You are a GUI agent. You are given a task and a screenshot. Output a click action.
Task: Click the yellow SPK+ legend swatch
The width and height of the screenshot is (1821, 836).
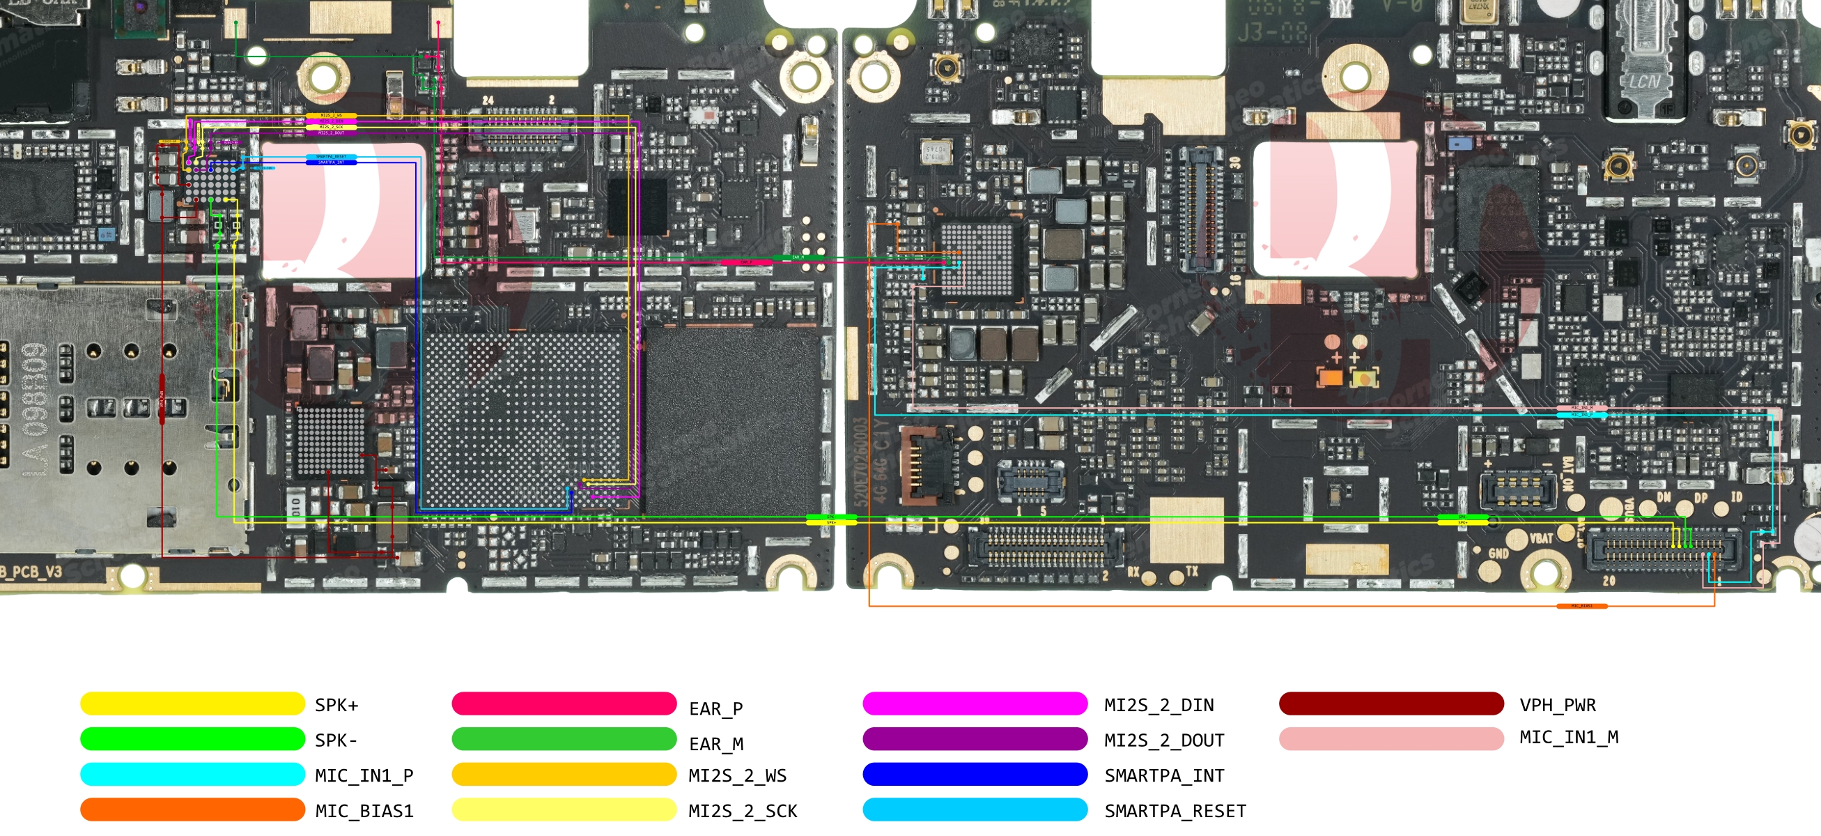click(x=192, y=704)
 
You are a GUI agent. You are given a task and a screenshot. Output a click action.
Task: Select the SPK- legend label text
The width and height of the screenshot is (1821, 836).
click(x=336, y=740)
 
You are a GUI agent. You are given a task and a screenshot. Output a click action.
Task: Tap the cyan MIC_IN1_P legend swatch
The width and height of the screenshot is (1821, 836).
click(x=192, y=775)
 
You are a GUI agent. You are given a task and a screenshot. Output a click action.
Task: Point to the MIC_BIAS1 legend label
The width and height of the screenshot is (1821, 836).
click(x=364, y=810)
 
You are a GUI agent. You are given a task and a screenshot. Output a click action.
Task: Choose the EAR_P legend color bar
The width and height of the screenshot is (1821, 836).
click(x=564, y=704)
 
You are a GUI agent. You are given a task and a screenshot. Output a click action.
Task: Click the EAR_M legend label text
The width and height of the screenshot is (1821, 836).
click(x=716, y=744)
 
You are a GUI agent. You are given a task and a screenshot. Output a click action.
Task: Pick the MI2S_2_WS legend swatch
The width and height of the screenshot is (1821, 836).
click(x=564, y=775)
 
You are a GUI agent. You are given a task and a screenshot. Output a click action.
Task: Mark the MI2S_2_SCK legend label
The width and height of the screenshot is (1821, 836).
click(x=742, y=810)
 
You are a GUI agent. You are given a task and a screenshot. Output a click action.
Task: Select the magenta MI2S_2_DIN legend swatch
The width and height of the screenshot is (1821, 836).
click(x=974, y=704)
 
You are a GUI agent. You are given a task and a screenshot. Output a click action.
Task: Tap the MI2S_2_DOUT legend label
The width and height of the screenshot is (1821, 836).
click(x=1163, y=740)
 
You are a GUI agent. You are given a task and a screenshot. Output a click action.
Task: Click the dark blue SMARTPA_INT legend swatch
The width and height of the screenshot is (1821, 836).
click(x=974, y=775)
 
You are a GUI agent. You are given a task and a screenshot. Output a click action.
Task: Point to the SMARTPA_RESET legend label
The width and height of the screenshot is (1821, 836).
click(x=1175, y=810)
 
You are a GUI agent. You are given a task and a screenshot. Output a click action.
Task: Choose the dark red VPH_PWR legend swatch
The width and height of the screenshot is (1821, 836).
click(x=1390, y=704)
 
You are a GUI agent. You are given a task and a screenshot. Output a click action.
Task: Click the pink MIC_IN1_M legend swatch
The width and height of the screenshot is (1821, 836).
click(x=1390, y=738)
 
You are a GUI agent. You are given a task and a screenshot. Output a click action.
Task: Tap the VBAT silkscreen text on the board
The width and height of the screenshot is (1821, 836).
click(x=1541, y=539)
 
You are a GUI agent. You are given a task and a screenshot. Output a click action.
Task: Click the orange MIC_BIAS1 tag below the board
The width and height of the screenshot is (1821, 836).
click(x=1581, y=606)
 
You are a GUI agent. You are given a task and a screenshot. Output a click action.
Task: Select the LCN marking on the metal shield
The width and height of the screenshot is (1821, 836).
click(x=1644, y=82)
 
